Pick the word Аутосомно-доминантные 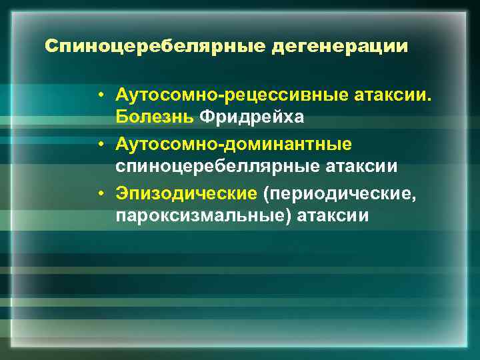tap(233, 144)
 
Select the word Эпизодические tap(186, 193)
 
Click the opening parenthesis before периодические tap(266, 194)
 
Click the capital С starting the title tap(50, 47)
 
